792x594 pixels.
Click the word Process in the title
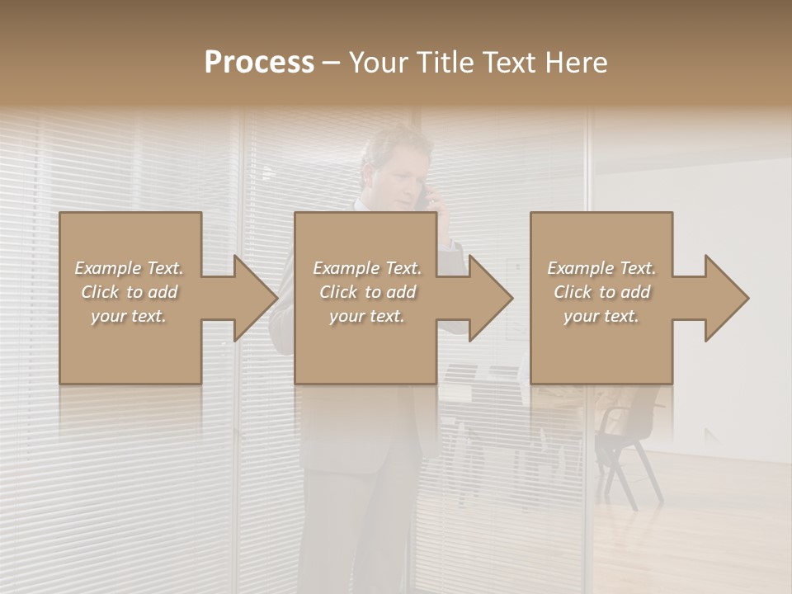(x=259, y=62)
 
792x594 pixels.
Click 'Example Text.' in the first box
(x=130, y=268)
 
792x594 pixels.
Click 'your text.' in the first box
(x=130, y=316)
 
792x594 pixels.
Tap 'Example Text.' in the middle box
(x=367, y=268)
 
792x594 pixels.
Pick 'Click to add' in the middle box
(x=367, y=292)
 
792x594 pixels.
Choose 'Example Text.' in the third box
(x=601, y=268)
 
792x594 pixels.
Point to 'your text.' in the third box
(x=601, y=316)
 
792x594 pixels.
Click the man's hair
(x=396, y=143)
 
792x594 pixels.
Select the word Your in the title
(x=379, y=62)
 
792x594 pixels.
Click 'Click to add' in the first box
(x=130, y=292)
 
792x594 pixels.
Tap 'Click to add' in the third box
(x=601, y=292)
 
